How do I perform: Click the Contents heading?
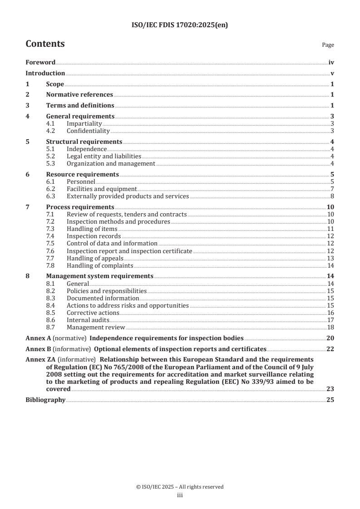coord(45,44)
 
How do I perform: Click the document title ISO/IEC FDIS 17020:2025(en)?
coord(180,25)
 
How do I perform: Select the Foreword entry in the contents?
coord(40,63)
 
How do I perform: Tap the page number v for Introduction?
coord(332,73)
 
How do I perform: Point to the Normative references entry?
coord(79,95)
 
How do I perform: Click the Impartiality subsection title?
coord(84,124)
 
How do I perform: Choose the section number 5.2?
coord(51,156)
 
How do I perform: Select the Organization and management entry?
coord(111,164)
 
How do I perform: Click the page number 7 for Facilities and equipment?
coord(332,189)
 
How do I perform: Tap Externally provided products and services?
coord(128,196)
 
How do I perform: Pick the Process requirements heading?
coord(80,207)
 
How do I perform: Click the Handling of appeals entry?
coord(94,258)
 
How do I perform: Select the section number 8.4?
coord(51,305)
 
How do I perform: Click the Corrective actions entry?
coord(93,313)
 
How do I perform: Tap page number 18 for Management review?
coord(330,328)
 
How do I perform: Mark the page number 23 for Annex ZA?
coord(330,389)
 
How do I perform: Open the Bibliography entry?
coord(45,400)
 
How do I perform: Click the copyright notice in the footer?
coord(180,487)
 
